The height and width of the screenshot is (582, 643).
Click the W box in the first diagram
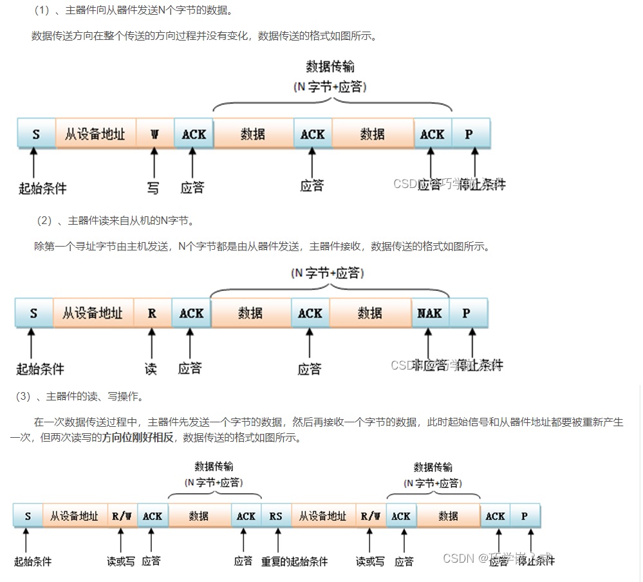click(x=154, y=134)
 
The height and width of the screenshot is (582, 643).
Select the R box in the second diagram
click(x=152, y=314)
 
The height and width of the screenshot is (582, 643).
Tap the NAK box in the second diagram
click(x=429, y=314)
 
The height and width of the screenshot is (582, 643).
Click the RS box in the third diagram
click(x=276, y=516)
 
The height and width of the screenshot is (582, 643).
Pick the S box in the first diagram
click(x=36, y=134)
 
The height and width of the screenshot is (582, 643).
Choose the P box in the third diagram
click(x=525, y=516)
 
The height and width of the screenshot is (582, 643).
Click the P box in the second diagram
click(x=467, y=314)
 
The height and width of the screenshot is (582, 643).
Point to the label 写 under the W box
click(x=153, y=187)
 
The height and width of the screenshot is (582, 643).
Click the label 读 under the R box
click(x=151, y=368)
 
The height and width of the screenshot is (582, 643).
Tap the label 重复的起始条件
click(x=294, y=561)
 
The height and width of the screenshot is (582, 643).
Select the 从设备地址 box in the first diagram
click(x=95, y=134)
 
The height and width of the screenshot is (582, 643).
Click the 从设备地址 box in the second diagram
click(x=93, y=314)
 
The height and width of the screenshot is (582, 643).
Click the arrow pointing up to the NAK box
click(x=427, y=342)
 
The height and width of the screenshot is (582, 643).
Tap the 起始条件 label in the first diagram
click(x=42, y=188)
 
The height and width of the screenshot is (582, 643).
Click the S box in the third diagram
click(x=28, y=516)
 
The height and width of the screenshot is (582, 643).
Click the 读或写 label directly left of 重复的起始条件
click(x=121, y=561)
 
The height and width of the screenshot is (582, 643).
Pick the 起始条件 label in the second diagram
click(x=40, y=369)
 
